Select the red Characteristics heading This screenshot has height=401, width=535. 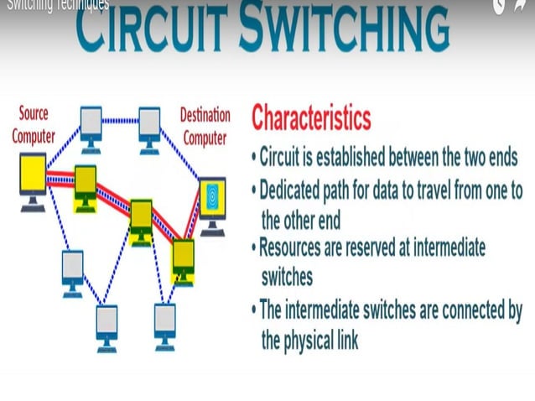(311, 117)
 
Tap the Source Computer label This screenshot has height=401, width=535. (33, 124)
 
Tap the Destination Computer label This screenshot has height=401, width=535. (203, 123)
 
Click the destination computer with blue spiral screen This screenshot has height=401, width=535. (212, 198)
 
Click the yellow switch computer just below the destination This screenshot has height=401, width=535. (183, 255)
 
